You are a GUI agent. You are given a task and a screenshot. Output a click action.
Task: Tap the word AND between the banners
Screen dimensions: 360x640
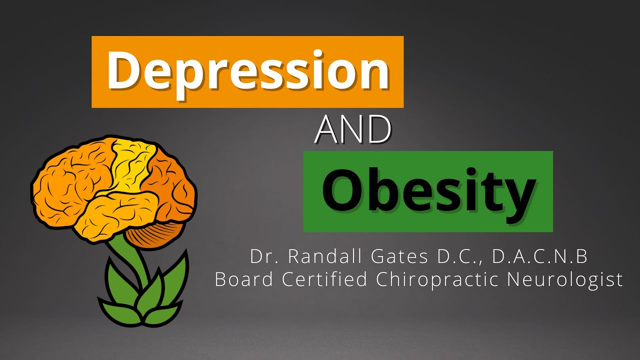coord(353,129)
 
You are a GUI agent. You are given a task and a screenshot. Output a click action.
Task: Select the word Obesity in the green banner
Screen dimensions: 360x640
coord(428,191)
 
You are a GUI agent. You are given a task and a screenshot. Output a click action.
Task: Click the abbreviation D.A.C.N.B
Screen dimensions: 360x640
coord(539,257)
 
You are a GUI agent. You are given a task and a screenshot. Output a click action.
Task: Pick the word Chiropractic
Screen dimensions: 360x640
coord(438,279)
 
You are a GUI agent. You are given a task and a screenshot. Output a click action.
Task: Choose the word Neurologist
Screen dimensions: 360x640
coord(565,279)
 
